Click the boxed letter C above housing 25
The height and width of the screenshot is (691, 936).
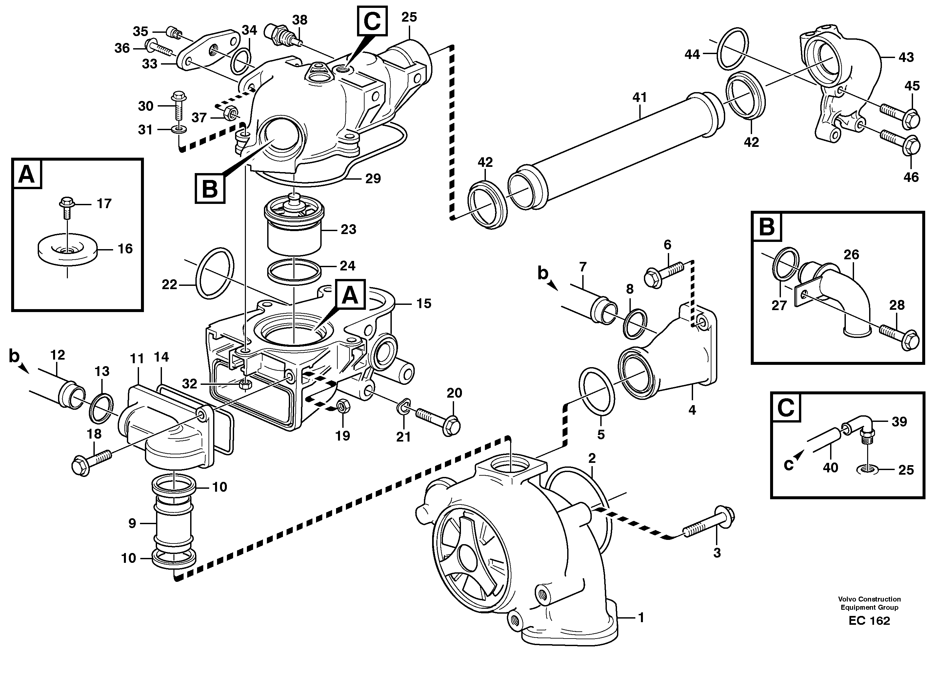(372, 21)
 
